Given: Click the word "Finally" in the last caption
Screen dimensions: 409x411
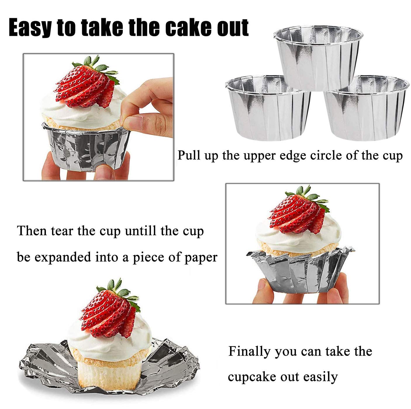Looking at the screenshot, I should pos(249,351).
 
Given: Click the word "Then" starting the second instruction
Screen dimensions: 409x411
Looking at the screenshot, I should pos(32,231).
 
